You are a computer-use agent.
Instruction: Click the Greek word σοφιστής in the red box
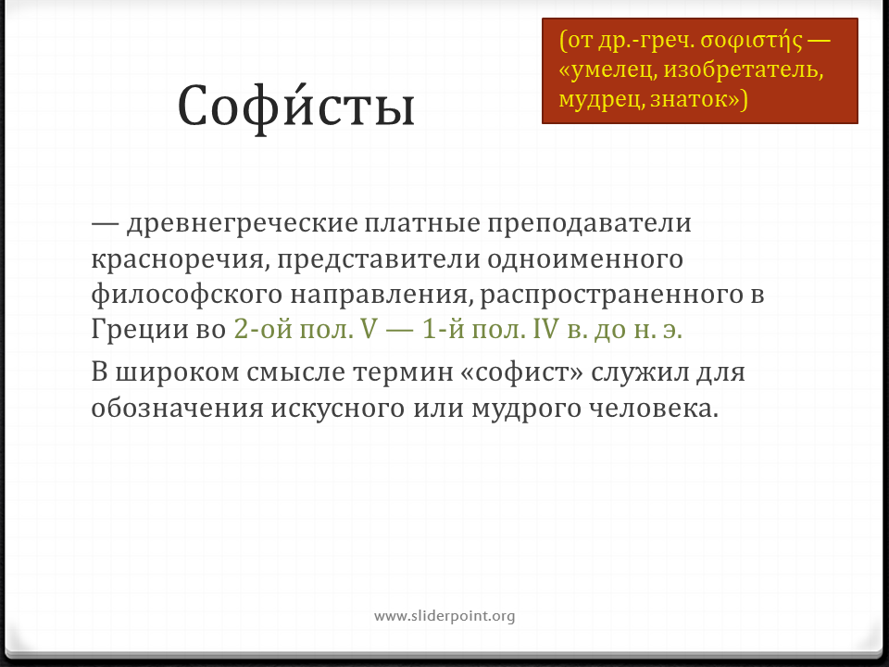752,41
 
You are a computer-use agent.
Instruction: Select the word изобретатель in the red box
743,69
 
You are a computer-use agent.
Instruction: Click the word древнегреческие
242,223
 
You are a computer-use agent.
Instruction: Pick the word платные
422,223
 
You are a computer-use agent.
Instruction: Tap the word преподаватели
589,223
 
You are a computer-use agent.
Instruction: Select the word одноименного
584,259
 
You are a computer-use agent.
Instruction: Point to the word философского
186,295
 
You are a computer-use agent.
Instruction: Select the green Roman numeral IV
545,329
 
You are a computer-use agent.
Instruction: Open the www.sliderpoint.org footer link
444,616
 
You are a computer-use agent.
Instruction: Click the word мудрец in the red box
601,100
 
